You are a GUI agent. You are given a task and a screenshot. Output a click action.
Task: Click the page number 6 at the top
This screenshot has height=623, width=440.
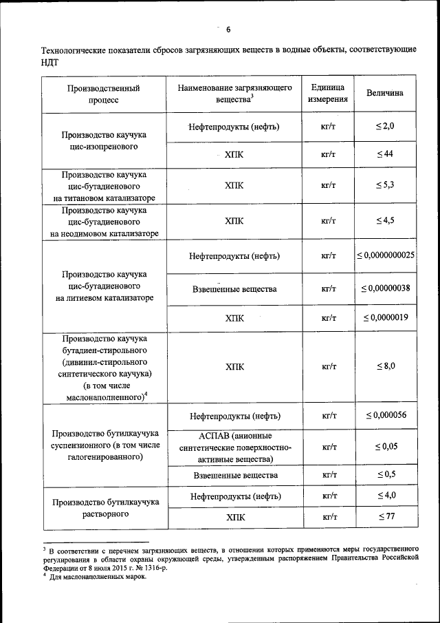point(228,28)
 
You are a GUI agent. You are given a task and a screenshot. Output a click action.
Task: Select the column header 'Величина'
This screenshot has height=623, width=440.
point(385,93)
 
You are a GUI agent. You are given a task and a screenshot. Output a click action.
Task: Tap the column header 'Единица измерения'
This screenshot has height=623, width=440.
point(327,93)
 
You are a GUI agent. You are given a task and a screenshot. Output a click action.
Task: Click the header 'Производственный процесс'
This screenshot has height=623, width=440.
point(103,93)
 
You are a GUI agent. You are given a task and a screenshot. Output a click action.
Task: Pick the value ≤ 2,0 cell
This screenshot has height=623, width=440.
point(385,127)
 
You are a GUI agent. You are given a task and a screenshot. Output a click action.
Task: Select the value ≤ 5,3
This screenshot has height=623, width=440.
point(385,186)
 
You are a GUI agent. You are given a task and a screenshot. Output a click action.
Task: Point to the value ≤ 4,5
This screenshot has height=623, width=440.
point(385,220)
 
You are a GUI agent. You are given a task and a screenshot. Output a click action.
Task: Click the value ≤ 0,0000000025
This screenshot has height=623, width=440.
point(385,255)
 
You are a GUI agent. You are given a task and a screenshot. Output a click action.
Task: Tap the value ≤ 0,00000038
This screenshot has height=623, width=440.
point(385,288)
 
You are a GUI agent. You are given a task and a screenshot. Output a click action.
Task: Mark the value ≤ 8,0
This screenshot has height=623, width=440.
point(385,366)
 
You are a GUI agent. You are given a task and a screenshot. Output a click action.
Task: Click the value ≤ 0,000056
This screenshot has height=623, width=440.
point(385,415)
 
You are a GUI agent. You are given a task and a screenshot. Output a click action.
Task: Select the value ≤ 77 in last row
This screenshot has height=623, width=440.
point(385,516)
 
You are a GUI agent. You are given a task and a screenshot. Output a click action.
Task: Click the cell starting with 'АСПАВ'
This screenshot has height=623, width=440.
point(234,447)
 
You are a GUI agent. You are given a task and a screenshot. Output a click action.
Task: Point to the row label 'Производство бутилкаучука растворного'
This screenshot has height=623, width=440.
point(104,507)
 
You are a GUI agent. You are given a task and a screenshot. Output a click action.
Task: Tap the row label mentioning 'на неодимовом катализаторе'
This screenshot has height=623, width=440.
point(104,221)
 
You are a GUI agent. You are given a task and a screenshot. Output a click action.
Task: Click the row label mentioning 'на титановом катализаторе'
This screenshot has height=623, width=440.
point(104,186)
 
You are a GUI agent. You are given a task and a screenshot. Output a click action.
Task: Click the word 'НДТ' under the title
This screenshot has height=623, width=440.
point(50,61)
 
